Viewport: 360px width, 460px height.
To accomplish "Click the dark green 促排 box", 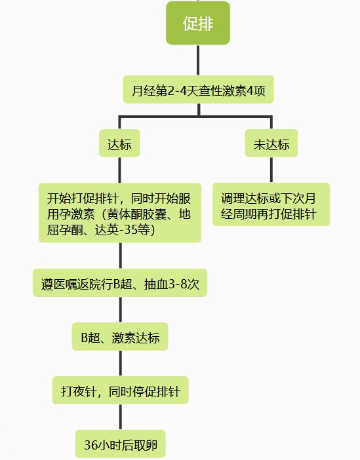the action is (x=198, y=23).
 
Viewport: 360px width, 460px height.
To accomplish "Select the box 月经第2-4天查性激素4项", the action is (x=198, y=90).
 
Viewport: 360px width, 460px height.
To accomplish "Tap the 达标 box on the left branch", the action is (x=119, y=144).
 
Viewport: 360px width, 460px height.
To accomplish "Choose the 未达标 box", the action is (x=271, y=144).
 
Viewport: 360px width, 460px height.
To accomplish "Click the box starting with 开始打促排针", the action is (x=120, y=213).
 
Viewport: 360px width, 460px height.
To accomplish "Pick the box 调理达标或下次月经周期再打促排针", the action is (x=271, y=204).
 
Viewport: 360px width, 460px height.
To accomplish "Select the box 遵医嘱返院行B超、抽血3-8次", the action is (x=120, y=283).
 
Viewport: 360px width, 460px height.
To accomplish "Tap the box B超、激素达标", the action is (x=120, y=337).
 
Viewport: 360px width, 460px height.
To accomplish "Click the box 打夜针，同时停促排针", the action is (x=121, y=391).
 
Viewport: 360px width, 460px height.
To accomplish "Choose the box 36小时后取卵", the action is (x=121, y=444).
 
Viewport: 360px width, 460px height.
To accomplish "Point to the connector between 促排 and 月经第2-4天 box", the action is (x=198, y=60).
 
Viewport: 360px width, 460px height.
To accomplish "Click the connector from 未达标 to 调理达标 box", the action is (x=271, y=170).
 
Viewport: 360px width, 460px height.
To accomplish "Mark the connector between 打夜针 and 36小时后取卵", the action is (x=121, y=417).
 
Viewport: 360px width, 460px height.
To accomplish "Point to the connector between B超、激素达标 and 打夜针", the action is (x=121, y=364).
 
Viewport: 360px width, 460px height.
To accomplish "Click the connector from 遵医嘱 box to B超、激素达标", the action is (x=121, y=310).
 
